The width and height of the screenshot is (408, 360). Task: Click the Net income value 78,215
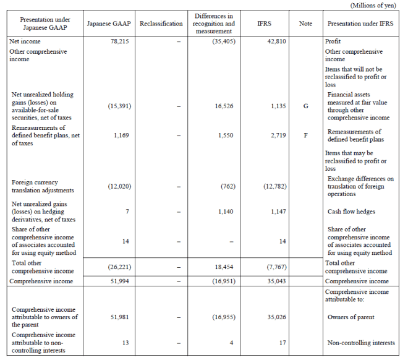point(117,41)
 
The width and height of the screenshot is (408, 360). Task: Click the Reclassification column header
point(161,24)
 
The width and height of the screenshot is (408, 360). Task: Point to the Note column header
point(305,24)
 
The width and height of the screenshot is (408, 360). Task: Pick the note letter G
point(305,106)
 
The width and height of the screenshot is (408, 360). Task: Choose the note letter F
point(305,134)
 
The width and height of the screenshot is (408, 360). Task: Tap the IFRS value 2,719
point(277,134)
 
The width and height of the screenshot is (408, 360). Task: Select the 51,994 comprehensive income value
point(117,281)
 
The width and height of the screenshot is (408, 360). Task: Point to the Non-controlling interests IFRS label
point(360,342)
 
